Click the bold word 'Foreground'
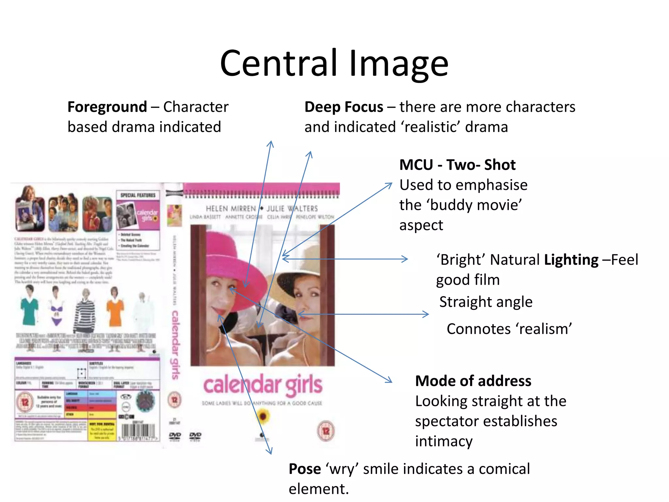click(x=107, y=107)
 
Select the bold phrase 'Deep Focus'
click(x=344, y=107)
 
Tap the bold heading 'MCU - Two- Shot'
click(x=457, y=165)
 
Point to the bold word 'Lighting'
click(x=571, y=260)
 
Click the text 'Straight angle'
click(x=486, y=302)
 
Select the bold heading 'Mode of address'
click(x=473, y=381)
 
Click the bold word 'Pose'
click(x=304, y=469)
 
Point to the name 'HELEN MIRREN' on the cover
click(x=231, y=209)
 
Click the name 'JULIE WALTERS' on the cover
click(x=292, y=209)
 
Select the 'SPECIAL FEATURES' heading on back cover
click(x=138, y=195)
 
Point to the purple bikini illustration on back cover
click(x=56, y=310)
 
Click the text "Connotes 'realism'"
click(x=509, y=329)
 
